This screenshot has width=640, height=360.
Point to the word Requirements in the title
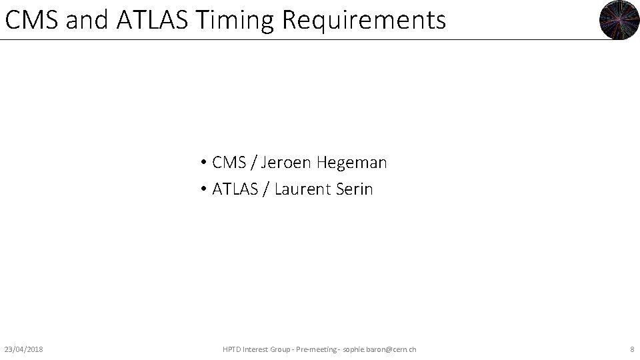(363, 21)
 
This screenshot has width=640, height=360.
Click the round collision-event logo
(619, 19)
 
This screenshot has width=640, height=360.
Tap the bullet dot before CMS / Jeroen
(202, 163)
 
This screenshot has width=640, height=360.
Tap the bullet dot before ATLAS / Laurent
(202, 190)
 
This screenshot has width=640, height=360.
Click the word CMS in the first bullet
(228, 163)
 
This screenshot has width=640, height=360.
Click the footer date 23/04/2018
(24, 349)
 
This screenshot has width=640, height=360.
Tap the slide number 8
(631, 349)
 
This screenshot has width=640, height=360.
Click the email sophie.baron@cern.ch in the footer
(379, 349)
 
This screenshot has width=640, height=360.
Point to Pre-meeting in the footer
(316, 349)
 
